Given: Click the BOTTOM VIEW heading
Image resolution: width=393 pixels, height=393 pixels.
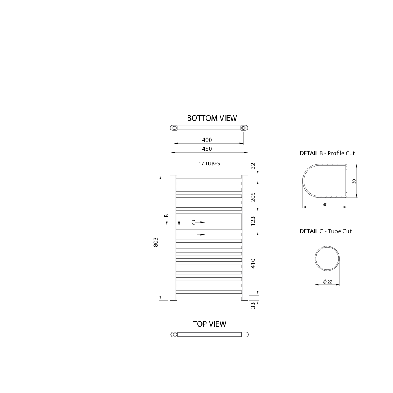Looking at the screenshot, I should (x=212, y=118).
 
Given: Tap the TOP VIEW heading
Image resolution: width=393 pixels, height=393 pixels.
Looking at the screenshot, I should (x=209, y=324).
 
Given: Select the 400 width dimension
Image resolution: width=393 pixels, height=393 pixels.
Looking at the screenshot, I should (x=207, y=140).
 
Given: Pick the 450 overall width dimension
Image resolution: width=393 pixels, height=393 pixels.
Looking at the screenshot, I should (x=207, y=149).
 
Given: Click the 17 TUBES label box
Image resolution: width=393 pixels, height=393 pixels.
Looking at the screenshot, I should (x=209, y=164).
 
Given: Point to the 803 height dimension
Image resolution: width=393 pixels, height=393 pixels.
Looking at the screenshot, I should (x=156, y=242).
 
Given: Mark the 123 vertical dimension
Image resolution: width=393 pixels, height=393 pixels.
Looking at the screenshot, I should (x=253, y=221).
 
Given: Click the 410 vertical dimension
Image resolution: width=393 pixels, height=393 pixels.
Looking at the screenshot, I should (x=253, y=263).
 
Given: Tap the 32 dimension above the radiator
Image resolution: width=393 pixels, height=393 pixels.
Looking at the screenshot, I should (x=253, y=166).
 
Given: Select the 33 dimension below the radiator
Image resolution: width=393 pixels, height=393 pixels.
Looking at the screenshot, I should (x=253, y=305).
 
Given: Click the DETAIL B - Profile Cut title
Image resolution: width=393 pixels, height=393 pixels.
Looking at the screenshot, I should (x=327, y=153).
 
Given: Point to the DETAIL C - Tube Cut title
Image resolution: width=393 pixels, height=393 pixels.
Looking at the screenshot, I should (x=325, y=231).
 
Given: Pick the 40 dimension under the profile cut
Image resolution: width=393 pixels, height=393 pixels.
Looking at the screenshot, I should (x=325, y=205).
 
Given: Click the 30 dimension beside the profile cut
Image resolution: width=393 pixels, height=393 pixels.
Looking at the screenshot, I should (x=354, y=181).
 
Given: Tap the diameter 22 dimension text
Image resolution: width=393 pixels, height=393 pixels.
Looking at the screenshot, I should (x=328, y=282).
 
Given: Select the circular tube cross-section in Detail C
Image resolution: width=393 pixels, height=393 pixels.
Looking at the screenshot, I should (x=328, y=260).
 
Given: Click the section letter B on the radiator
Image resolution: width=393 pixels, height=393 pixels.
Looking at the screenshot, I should (x=166, y=216).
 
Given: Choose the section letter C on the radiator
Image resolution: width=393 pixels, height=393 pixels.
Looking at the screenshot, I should (x=193, y=222).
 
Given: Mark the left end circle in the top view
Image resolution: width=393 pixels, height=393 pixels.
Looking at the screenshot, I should (x=175, y=334).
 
